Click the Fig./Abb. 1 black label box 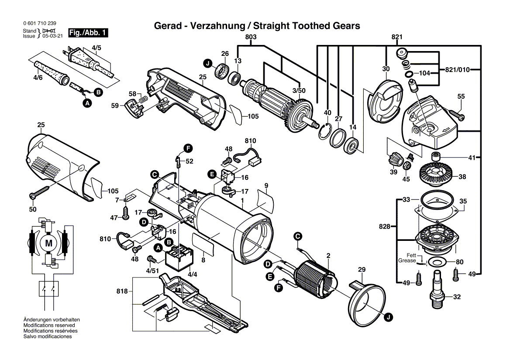click(x=88, y=33)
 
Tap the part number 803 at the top click(x=251, y=37)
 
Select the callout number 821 click(x=397, y=37)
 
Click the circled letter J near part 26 click(x=208, y=63)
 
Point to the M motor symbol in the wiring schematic click(x=48, y=243)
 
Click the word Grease click(x=407, y=261)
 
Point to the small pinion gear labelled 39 click(x=395, y=160)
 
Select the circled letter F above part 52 click(x=188, y=148)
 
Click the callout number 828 click(x=384, y=226)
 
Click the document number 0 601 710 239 click(x=40, y=24)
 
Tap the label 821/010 click(x=457, y=69)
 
